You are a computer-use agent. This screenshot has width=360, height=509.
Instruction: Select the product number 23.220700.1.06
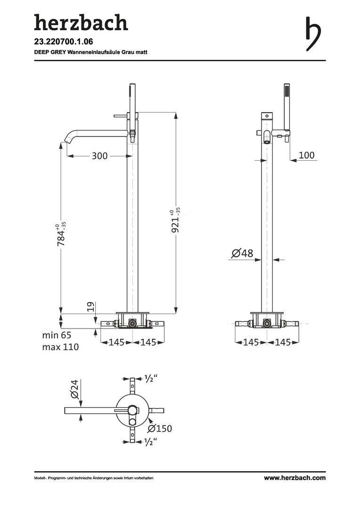[x=64, y=41]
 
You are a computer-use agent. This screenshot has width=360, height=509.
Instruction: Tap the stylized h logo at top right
[x=313, y=33]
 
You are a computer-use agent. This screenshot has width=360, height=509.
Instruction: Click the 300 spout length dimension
[x=99, y=156]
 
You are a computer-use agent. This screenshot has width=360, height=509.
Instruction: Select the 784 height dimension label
[x=61, y=234]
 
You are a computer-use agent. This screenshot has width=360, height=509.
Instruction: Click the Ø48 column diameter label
[x=242, y=253]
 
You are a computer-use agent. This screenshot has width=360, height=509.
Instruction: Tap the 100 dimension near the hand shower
[x=306, y=155]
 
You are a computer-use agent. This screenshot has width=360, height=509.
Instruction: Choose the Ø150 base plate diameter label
[x=160, y=428]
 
